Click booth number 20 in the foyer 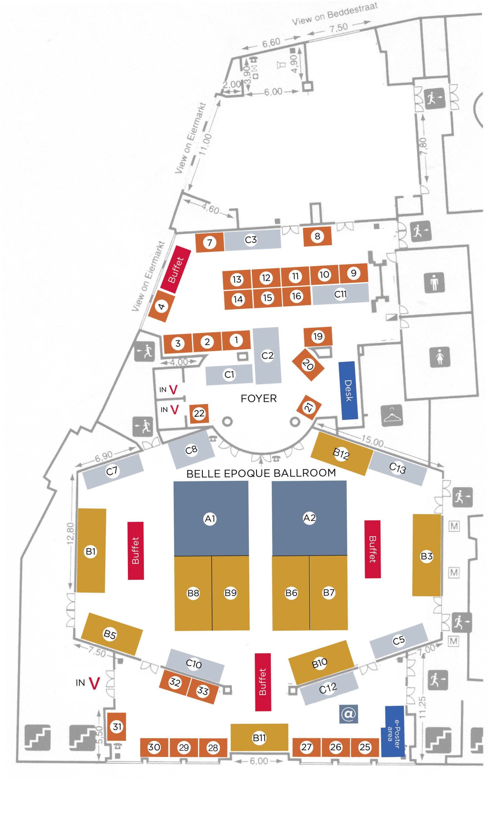(308, 365)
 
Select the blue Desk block (348, 391)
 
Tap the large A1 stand (211, 518)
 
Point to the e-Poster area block (393, 731)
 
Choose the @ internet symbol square (348, 714)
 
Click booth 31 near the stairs (117, 727)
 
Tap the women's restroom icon (440, 357)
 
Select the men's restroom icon (435, 282)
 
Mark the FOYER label (259, 398)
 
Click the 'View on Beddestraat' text (335, 14)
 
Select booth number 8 (317, 236)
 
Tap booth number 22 (199, 413)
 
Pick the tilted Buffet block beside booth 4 (176, 269)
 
